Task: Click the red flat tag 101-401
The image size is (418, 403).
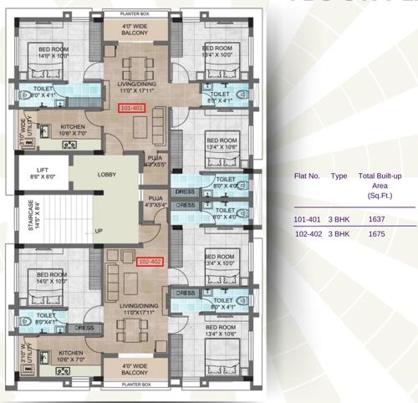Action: click(x=132, y=109)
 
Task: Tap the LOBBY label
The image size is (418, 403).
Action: click(x=107, y=175)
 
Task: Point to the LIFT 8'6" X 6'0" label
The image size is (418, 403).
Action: click(x=43, y=173)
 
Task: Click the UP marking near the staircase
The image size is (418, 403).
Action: click(x=99, y=231)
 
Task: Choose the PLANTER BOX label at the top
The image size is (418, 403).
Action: click(x=135, y=15)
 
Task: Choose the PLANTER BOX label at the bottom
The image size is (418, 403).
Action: click(x=135, y=385)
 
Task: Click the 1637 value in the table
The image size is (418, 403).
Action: click(x=376, y=219)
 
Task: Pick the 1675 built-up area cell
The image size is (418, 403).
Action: click(x=376, y=234)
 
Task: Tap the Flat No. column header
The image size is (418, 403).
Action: click(x=308, y=176)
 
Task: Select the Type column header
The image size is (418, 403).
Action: click(x=339, y=176)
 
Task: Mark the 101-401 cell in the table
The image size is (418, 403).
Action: click(x=308, y=219)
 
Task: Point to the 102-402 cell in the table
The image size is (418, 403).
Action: click(x=308, y=234)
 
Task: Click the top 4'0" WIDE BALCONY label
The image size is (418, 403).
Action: click(x=135, y=31)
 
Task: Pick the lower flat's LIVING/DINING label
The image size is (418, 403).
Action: click(x=135, y=309)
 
